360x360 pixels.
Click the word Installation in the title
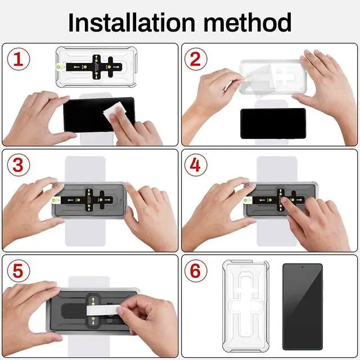point(132,22)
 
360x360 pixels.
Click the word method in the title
point(247,22)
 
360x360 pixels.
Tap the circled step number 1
point(19,59)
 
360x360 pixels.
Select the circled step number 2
point(196,59)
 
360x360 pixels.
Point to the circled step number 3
point(19,165)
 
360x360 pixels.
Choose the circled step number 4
point(196,165)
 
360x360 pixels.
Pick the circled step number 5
point(19,271)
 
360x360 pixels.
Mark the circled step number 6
point(196,271)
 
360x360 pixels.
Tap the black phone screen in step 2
point(273,123)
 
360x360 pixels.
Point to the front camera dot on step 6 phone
point(303,267)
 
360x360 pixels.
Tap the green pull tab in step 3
point(56,200)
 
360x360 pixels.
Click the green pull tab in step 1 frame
point(61,67)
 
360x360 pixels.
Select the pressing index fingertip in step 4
point(284,199)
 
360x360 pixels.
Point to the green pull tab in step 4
point(247,200)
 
